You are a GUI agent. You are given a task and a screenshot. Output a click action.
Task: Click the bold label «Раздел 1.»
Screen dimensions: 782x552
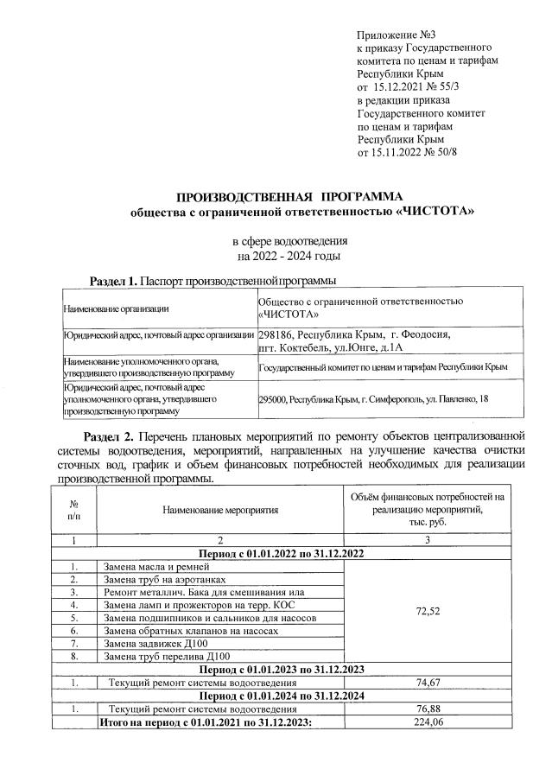pos(114,281)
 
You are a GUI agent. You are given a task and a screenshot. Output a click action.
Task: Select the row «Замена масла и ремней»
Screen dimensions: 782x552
pos(155,567)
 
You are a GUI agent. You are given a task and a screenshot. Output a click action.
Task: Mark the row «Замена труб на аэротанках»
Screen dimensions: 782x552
pos(164,580)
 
